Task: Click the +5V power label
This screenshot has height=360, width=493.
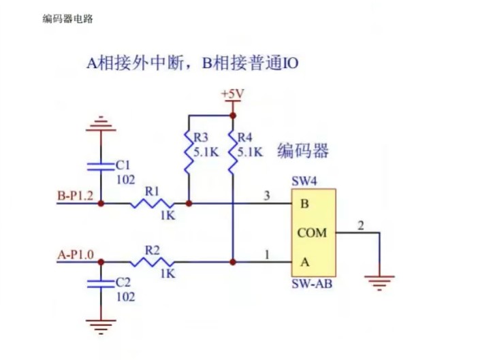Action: click(232, 94)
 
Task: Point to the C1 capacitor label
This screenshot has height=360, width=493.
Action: click(123, 165)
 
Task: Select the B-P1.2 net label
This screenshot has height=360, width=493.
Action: click(76, 197)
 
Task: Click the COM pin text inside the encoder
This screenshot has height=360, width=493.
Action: click(312, 233)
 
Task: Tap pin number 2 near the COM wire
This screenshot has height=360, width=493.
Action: click(361, 225)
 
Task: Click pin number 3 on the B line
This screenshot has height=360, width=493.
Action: click(267, 196)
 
